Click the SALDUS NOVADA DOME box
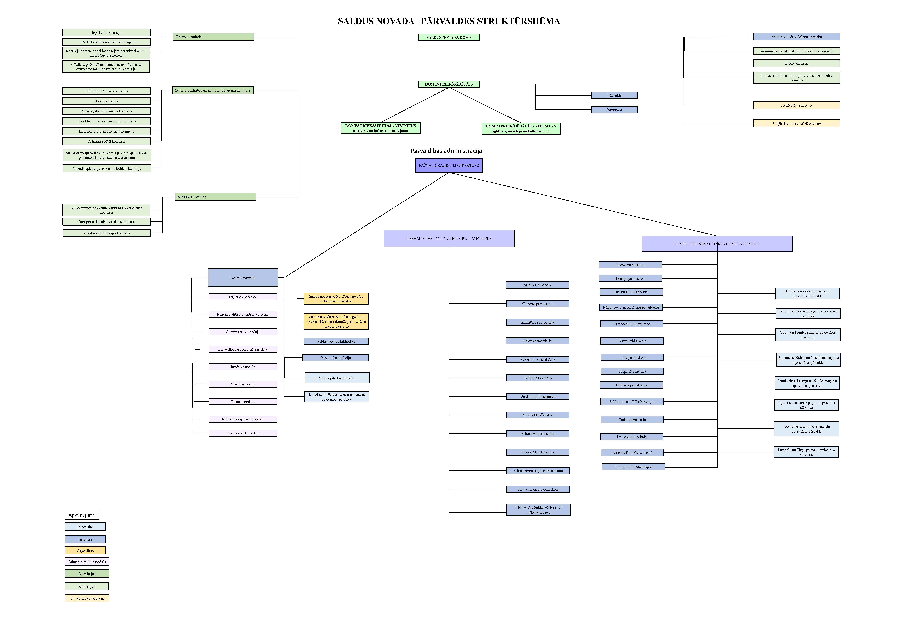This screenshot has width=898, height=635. (x=449, y=38)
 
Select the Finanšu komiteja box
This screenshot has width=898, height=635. (x=213, y=37)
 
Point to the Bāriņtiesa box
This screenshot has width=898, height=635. (x=614, y=110)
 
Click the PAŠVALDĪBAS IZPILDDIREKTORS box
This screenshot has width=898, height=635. (x=449, y=166)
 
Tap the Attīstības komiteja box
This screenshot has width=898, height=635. (x=215, y=197)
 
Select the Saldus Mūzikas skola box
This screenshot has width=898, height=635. (x=537, y=434)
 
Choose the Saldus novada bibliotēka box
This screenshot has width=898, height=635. (x=336, y=342)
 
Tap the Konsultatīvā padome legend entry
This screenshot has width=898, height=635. (x=87, y=598)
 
